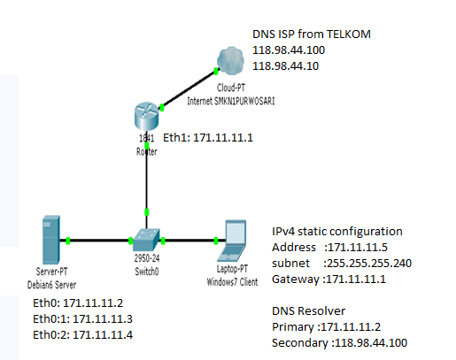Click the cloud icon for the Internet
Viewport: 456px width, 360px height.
coord(230,61)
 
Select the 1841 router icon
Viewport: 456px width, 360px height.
coord(146,116)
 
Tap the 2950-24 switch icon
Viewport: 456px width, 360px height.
coord(146,240)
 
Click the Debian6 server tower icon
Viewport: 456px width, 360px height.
coord(51,240)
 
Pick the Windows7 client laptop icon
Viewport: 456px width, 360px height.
coord(232,241)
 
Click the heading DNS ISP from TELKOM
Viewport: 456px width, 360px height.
coord(312,34)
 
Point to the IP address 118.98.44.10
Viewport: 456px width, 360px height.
coord(285,65)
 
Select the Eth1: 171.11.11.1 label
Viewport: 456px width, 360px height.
coord(208,138)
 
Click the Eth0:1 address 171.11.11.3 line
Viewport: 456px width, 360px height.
coord(82,319)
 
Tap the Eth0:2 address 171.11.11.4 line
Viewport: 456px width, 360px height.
coord(82,335)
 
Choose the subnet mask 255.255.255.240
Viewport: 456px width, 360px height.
coord(367,264)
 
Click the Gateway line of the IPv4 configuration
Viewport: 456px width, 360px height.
coord(328,280)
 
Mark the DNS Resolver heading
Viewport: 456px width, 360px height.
coord(308,311)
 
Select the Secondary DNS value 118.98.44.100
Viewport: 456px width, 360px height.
coord(371,343)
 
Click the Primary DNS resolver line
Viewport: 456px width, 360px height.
coord(326,327)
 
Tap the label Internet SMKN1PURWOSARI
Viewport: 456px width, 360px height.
coord(231,101)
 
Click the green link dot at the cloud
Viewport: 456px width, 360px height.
coord(216,71)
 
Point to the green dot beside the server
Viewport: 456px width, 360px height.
coord(68,241)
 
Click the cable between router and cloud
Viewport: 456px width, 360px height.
coord(189,89)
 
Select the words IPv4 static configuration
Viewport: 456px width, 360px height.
coord(337,232)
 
